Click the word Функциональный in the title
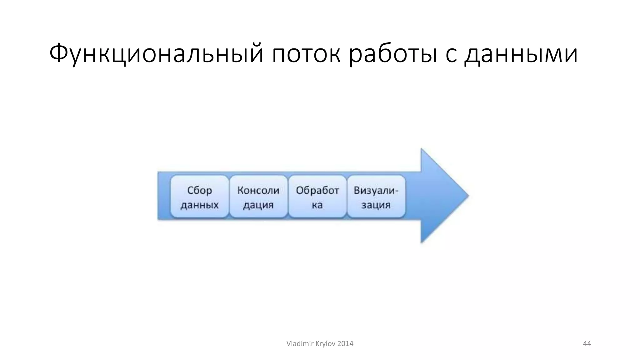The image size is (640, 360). pos(156,54)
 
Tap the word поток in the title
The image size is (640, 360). pos(306,54)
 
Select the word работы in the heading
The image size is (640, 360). pos(393,54)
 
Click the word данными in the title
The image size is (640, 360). pos(521,54)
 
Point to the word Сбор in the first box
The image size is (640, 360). pos(199,190)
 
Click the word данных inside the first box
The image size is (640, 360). pos(199,205)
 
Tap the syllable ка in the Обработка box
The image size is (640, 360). pos(317,205)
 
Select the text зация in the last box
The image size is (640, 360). pos(376,205)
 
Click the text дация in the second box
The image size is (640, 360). pos(258,205)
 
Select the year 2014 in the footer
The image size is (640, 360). pos(345,344)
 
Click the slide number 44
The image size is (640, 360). pos(587,344)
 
